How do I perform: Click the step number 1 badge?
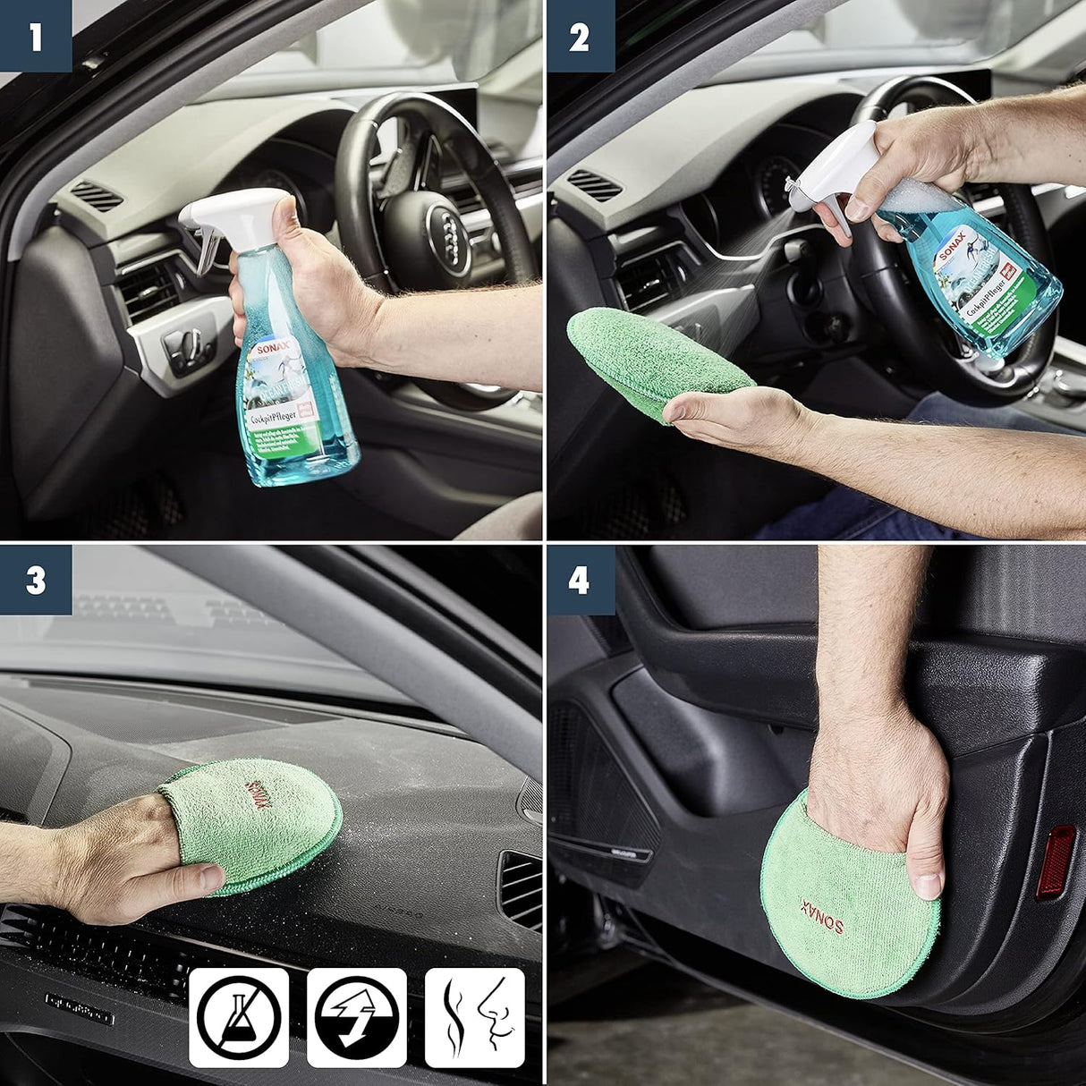[x=36, y=37]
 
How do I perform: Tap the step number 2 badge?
[x=580, y=37]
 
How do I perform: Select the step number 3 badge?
[x=36, y=581]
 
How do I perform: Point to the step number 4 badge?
[x=580, y=581]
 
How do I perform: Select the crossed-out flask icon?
[x=238, y=1017]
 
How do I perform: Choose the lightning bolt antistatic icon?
[x=356, y=1017]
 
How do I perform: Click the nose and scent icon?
[x=474, y=1017]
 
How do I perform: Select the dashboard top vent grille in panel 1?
[x=96, y=195]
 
